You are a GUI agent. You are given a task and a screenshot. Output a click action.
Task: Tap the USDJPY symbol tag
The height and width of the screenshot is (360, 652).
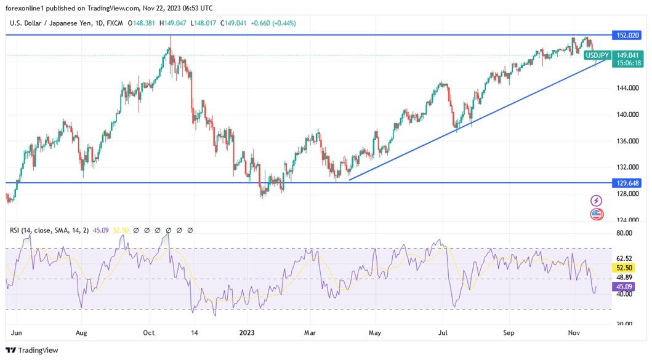(x=597, y=55)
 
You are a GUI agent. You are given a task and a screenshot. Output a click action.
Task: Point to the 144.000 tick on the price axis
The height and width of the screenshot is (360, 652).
(x=627, y=89)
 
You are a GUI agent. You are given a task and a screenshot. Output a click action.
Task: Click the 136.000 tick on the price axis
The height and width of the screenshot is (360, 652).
(x=627, y=141)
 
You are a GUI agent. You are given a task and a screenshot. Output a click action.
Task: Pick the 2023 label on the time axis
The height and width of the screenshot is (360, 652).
(x=248, y=333)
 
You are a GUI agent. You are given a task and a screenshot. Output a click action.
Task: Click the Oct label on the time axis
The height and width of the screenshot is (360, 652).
(x=148, y=333)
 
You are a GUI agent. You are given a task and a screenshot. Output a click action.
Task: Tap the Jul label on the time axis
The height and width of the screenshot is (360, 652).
(x=442, y=333)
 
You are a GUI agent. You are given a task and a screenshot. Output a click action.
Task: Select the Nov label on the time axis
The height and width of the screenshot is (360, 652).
(x=574, y=333)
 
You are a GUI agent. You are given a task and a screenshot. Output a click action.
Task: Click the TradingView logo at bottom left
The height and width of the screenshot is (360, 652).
(x=32, y=350)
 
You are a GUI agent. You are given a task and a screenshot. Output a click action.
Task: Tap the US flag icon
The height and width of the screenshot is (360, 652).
(x=596, y=214)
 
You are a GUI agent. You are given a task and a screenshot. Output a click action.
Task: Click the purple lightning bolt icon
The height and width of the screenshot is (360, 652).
(x=596, y=201)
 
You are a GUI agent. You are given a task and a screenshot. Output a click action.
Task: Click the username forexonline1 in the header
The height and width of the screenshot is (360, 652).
(x=27, y=8)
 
